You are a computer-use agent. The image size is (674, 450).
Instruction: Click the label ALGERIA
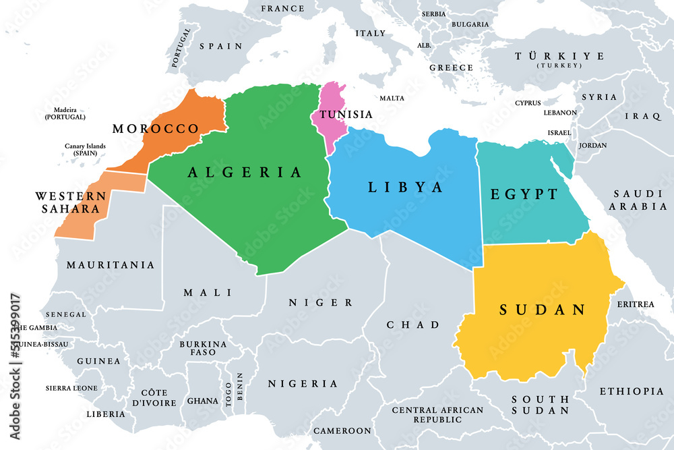(245, 173)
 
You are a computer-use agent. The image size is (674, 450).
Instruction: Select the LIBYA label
(406, 187)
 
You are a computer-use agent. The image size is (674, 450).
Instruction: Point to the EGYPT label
(524, 194)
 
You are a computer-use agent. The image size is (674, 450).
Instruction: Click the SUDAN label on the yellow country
(542, 310)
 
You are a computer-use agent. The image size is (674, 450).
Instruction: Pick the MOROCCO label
(156, 128)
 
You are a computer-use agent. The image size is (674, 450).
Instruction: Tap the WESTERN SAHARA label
(71, 202)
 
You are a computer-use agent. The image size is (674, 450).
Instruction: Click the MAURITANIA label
(111, 265)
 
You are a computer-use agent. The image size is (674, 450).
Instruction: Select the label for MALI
(208, 292)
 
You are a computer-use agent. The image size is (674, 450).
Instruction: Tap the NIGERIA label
(303, 383)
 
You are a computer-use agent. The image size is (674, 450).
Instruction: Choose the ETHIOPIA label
(632, 391)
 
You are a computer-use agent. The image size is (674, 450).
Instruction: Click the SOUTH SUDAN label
(540, 405)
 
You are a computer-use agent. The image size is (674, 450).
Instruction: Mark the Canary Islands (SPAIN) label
(84, 149)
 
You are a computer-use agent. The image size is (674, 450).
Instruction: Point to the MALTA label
(392, 98)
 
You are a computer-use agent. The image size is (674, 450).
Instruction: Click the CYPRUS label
(528, 103)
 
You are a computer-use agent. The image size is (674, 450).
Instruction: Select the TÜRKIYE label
(559, 57)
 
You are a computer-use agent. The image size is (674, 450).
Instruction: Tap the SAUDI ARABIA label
(638, 200)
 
